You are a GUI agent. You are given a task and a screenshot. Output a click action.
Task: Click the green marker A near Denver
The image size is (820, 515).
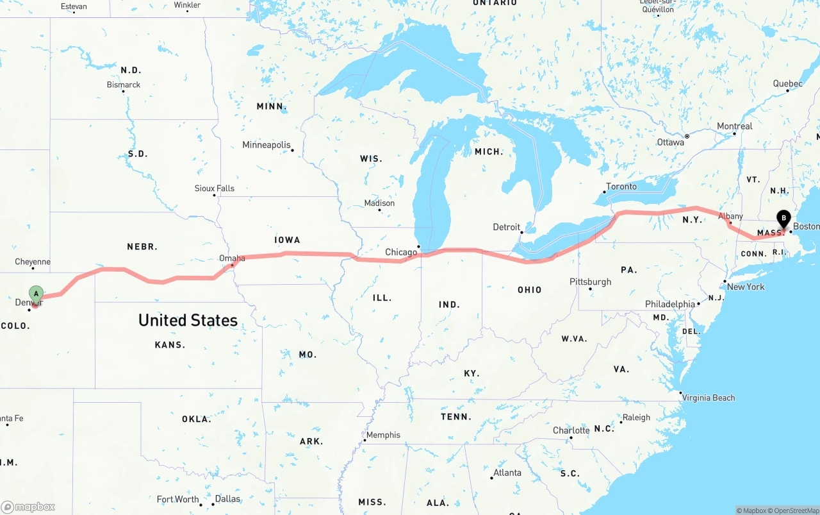pos(37,294)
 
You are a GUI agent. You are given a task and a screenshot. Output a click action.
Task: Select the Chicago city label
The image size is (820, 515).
pos(401,252)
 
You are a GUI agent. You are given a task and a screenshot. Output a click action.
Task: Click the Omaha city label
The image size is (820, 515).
pos(232,258)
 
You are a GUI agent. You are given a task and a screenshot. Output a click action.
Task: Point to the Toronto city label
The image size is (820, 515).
pos(621,187)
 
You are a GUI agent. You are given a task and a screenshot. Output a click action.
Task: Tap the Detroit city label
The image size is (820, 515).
pos(506,227)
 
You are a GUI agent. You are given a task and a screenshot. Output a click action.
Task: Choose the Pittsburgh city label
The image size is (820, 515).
pos(590,282)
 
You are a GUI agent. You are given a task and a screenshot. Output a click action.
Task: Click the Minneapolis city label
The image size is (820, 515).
pos(266,145)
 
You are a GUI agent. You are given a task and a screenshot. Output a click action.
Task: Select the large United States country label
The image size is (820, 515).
pos(188,320)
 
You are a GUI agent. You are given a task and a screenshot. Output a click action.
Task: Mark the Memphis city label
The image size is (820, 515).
pos(383,435)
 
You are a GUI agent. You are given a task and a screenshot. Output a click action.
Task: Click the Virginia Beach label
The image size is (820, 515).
pos(709,398)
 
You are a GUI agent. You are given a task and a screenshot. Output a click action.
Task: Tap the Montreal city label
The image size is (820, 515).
pos(734,126)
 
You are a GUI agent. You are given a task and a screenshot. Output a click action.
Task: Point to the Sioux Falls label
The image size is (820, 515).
pos(215,189)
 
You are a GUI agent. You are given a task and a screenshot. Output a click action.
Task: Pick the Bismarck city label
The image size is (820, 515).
pos(124,85)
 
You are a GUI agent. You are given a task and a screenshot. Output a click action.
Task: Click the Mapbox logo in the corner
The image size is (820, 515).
pos(28,507)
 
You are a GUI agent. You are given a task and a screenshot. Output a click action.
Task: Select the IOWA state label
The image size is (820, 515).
pos(287,240)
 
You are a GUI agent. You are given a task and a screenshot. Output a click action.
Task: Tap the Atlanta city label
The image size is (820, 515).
pos(507,473)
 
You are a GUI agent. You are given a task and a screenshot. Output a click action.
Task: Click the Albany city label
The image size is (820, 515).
pos(731,217)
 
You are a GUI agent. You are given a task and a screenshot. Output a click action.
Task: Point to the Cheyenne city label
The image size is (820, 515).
pos(33,262)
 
